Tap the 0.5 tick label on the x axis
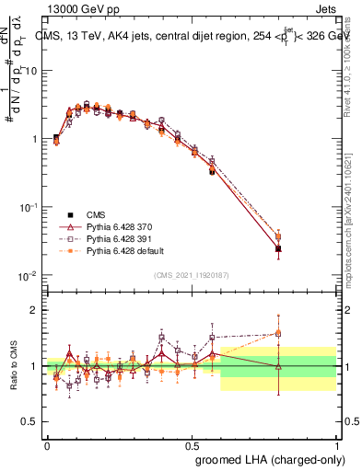(192, 444)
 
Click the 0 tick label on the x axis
(47, 444)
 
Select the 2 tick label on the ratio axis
(32, 310)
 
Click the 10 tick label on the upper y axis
(30, 70)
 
